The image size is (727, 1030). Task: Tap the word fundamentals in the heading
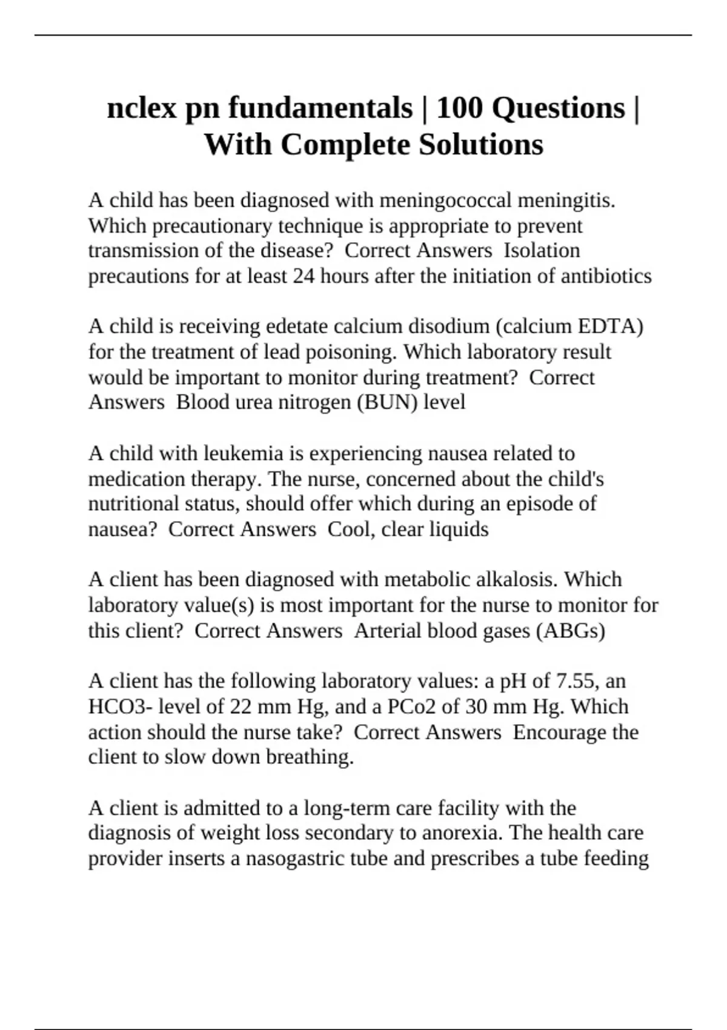click(320, 109)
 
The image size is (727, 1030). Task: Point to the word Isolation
click(542, 250)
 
